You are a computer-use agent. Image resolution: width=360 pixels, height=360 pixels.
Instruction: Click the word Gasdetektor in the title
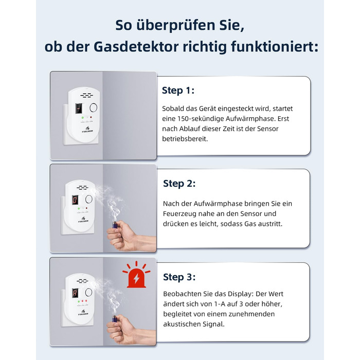(x=136, y=47)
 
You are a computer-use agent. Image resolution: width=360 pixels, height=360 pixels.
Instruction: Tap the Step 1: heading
(x=178, y=90)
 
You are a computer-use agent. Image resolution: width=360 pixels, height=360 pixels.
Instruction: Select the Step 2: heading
(x=179, y=184)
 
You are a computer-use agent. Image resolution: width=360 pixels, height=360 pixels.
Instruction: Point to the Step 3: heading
(x=179, y=277)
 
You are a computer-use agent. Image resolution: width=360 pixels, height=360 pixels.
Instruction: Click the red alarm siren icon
(x=136, y=275)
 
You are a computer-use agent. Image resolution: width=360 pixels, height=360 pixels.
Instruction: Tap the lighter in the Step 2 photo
(x=115, y=224)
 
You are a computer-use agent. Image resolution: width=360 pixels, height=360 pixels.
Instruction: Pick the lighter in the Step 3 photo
(x=115, y=318)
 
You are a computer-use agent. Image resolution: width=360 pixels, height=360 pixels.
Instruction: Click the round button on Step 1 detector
(x=93, y=107)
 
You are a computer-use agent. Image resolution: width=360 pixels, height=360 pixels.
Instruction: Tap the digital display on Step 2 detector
(x=75, y=200)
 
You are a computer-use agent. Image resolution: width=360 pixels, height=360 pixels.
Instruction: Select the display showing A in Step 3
(x=75, y=293)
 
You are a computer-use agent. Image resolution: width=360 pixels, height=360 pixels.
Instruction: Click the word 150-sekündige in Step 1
(x=201, y=119)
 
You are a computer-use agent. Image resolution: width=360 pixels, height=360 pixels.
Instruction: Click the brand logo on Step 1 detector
(x=87, y=130)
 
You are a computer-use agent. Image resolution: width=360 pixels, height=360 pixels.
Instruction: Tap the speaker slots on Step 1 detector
(x=86, y=95)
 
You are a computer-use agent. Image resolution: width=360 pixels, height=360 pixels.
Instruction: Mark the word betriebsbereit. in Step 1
(x=185, y=139)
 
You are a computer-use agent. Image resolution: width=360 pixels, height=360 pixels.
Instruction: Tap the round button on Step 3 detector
(x=88, y=293)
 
